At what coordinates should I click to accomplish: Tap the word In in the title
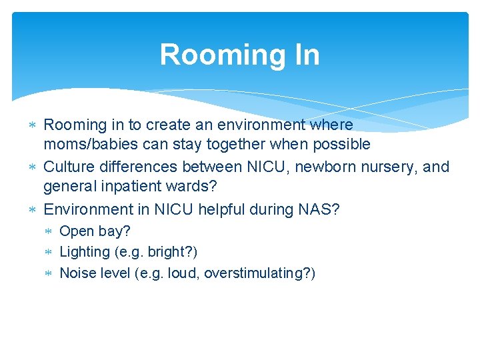tap(304, 55)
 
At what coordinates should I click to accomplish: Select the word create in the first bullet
tap(168, 125)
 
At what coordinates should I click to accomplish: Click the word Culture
tap(68, 167)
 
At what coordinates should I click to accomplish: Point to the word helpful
tap(223, 209)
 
